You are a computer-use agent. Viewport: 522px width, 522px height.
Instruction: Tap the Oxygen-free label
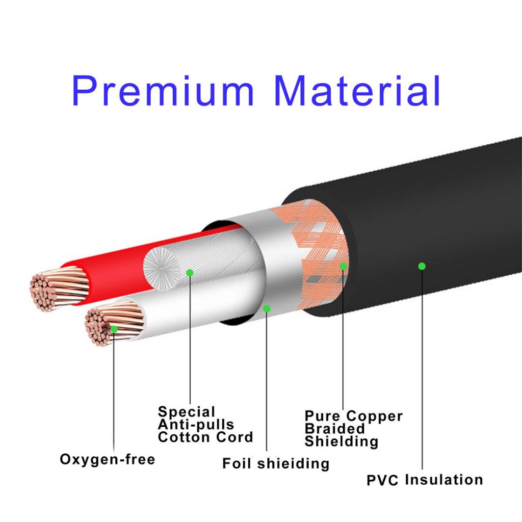108,459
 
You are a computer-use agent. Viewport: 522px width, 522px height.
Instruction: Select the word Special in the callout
187,412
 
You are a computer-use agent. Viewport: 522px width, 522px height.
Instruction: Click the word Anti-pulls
196,424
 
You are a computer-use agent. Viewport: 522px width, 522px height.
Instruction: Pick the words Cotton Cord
205,437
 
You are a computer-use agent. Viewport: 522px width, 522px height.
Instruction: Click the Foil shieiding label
275,463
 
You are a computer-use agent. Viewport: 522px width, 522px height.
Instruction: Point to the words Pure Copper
354,416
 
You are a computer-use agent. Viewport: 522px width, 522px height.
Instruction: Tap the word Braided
335,429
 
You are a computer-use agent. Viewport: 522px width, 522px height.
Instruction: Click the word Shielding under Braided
342,441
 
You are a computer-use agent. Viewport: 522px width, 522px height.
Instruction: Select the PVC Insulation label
425,480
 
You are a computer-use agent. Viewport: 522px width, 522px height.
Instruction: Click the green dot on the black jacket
422,266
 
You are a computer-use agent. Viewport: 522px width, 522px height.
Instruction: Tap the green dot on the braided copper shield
343,266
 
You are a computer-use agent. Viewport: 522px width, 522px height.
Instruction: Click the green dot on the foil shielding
266,308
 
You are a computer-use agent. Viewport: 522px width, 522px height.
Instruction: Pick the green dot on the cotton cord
190,273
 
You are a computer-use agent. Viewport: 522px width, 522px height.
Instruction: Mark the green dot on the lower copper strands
114,329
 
